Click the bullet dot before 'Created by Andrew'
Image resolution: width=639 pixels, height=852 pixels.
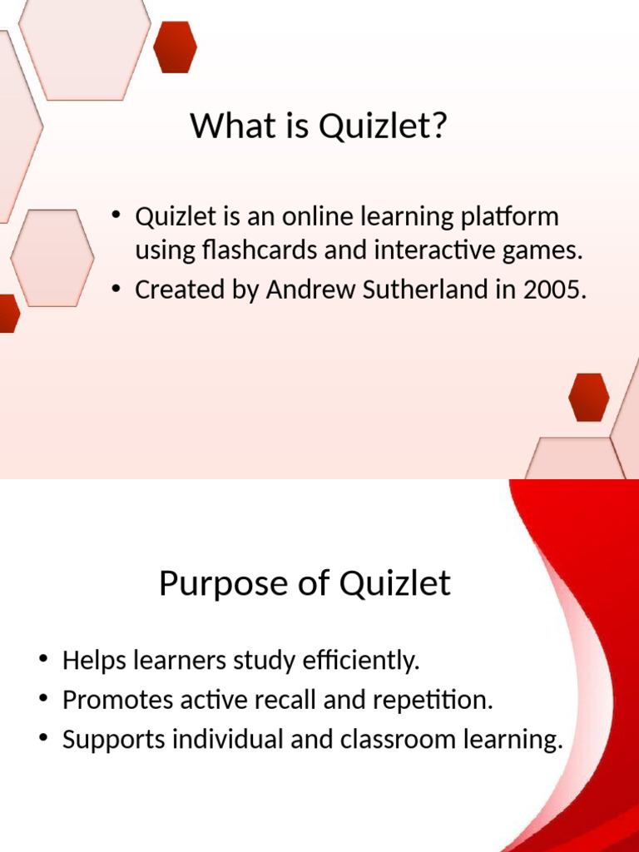pos(117,290)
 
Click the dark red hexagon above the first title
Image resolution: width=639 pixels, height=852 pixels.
pos(176,47)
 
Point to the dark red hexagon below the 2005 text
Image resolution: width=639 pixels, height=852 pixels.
pos(588,397)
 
